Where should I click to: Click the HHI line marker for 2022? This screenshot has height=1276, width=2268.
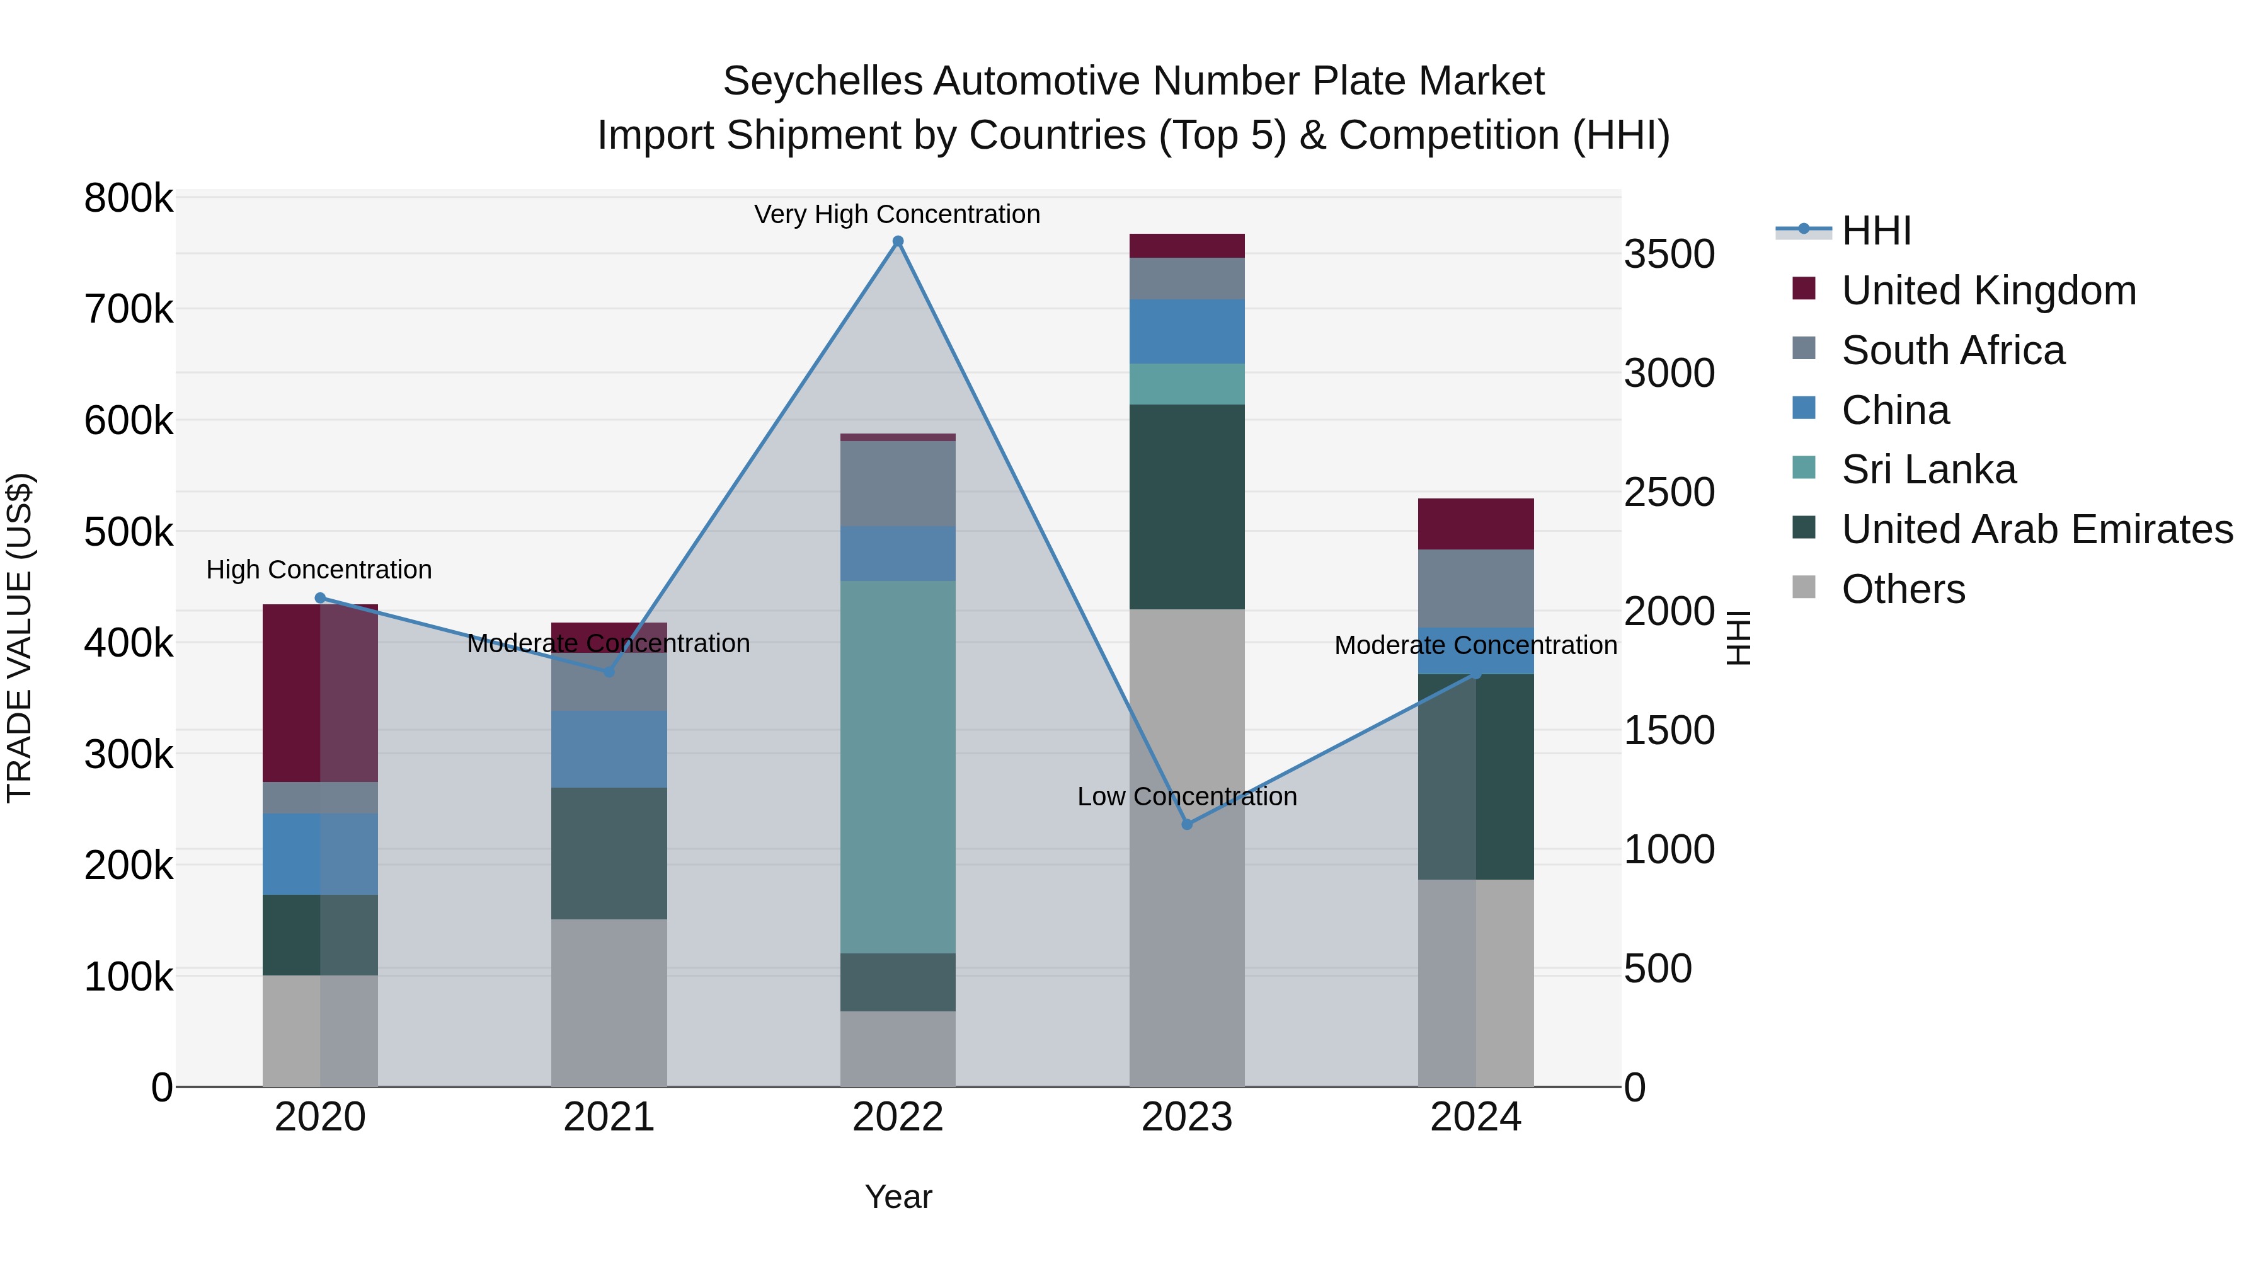(897, 241)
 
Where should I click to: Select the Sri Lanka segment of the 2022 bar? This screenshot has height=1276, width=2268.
(897, 766)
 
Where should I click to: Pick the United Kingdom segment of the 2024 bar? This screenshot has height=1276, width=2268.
(1475, 524)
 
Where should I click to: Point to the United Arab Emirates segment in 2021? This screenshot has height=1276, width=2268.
(609, 853)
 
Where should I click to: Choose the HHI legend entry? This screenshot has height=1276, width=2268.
(1876, 231)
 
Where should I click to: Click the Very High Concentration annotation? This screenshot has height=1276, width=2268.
(896, 214)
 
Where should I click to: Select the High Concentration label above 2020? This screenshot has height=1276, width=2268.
(319, 570)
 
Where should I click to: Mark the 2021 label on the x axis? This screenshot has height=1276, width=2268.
(609, 1117)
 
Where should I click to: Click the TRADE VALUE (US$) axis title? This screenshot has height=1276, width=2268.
(20, 638)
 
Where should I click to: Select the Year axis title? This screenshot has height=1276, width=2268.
(897, 1197)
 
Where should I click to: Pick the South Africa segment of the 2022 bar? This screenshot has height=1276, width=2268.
(897, 483)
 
